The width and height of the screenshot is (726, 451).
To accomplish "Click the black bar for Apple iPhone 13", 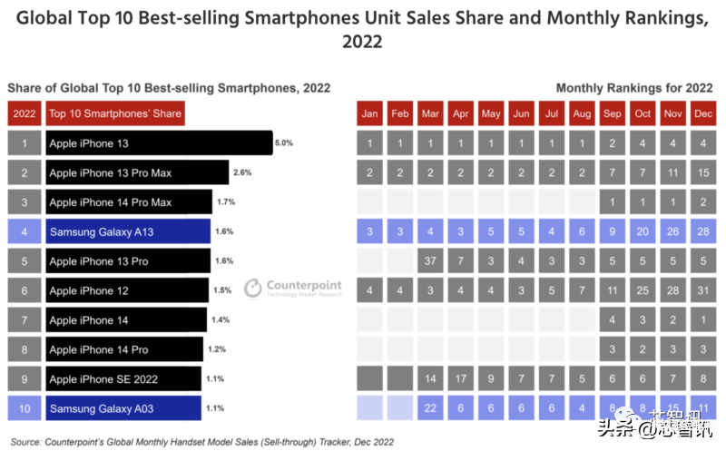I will point(158,143).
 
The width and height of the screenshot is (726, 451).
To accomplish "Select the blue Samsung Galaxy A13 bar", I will point(127,232).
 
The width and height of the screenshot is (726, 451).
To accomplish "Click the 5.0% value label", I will point(284,143).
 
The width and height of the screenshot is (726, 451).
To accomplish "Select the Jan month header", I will point(369,114).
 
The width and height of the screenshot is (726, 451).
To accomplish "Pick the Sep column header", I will point(613,114).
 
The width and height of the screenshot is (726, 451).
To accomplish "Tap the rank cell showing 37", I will point(429,261).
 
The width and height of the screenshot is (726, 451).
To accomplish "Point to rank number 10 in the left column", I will point(25,409).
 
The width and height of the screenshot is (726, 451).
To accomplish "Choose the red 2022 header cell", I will point(25,114).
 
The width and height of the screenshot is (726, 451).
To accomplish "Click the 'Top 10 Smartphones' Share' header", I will point(114,114).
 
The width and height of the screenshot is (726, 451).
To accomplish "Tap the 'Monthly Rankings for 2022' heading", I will point(633,88).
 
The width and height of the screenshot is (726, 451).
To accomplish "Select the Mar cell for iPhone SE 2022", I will point(429,379).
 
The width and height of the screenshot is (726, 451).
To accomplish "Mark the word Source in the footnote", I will point(25,441).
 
